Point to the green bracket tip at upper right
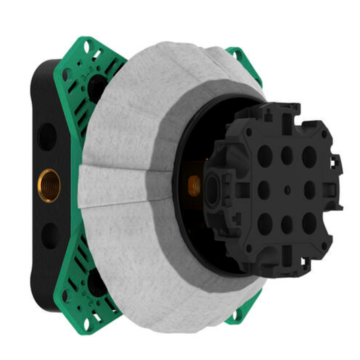236,57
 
